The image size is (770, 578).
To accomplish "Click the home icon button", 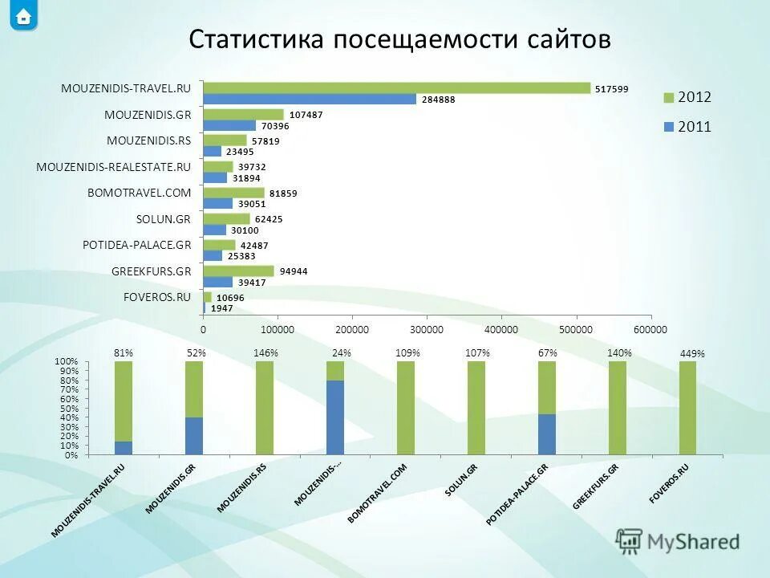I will tap(23, 16).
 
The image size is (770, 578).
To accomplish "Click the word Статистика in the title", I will tap(256, 39).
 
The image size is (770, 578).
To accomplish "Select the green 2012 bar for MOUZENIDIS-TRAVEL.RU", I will tap(396, 88).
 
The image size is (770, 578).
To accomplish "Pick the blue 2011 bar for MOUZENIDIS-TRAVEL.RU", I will tap(310, 100).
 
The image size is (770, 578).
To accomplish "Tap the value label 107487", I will tap(306, 115).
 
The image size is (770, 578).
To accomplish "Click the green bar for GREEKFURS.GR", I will tap(238, 271).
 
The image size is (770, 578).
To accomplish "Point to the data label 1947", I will tap(222, 308).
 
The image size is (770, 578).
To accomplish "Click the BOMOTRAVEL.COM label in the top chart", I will tap(139, 193).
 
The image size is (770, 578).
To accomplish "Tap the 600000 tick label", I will tap(650, 329).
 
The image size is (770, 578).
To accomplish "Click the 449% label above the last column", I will tap(692, 354).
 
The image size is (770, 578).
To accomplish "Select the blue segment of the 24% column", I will tap(335, 417).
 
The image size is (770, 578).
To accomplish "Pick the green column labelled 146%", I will tap(265, 408).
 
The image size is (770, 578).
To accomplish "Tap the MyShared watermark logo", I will tap(678, 542).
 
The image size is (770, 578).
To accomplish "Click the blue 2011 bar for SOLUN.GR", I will tap(215, 230).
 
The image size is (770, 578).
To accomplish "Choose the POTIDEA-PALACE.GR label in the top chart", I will tap(136, 245).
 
